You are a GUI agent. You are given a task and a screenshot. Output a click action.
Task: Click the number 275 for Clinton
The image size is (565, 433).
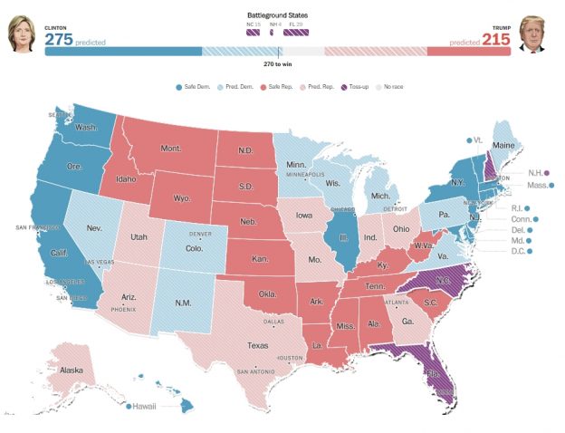pyautogui.click(x=59, y=41)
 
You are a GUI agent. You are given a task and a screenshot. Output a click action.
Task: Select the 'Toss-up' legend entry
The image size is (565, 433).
pyautogui.click(x=353, y=86)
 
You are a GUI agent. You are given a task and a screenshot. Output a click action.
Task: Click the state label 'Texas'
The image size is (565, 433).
pyautogui.click(x=258, y=345)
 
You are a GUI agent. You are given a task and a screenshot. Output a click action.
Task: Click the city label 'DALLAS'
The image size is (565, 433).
pyautogui.click(x=274, y=322)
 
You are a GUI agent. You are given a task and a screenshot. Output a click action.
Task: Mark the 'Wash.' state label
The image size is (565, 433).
pyautogui.click(x=87, y=127)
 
